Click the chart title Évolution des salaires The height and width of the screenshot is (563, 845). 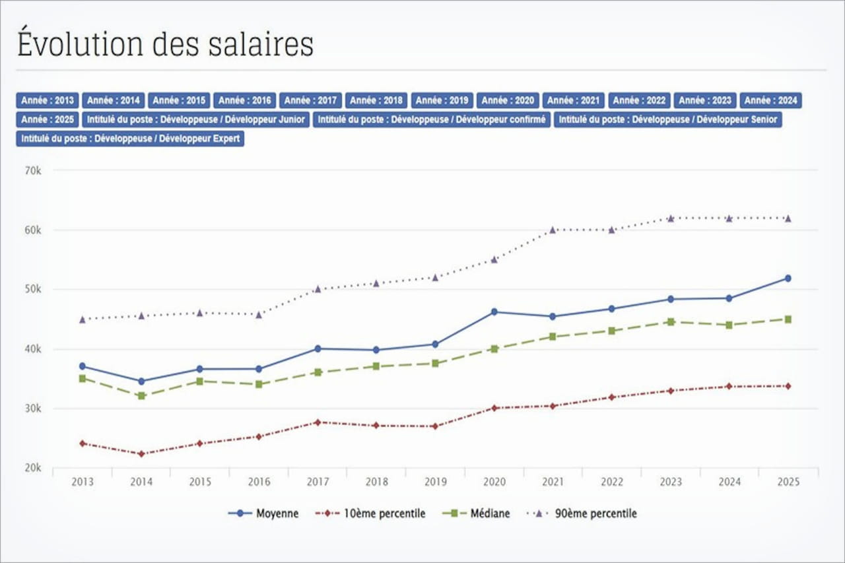click(x=165, y=43)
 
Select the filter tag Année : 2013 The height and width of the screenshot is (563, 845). click(x=48, y=100)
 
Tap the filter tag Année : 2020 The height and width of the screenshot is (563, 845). click(x=508, y=100)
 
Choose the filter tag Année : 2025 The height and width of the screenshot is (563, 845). click(x=48, y=119)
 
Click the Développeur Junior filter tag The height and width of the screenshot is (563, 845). click(x=196, y=119)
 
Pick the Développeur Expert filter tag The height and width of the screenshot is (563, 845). click(x=130, y=139)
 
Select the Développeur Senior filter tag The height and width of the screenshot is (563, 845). click(x=667, y=119)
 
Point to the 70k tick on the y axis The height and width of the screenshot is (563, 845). click(x=32, y=170)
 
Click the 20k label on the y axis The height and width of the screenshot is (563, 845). click(x=32, y=468)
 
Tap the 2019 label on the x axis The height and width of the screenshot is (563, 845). click(x=435, y=482)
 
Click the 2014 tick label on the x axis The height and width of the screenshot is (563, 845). click(x=141, y=482)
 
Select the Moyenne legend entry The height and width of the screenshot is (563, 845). click(x=264, y=513)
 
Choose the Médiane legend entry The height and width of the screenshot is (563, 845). click(x=477, y=513)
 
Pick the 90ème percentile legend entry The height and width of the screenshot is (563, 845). click(x=583, y=513)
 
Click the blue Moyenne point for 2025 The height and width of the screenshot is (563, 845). click(x=788, y=279)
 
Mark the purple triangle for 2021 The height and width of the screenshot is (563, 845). click(x=553, y=230)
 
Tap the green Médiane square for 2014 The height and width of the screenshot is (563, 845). click(x=141, y=396)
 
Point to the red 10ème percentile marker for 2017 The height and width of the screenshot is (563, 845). click(x=318, y=422)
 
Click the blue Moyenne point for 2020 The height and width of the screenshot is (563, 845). click(x=494, y=312)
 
